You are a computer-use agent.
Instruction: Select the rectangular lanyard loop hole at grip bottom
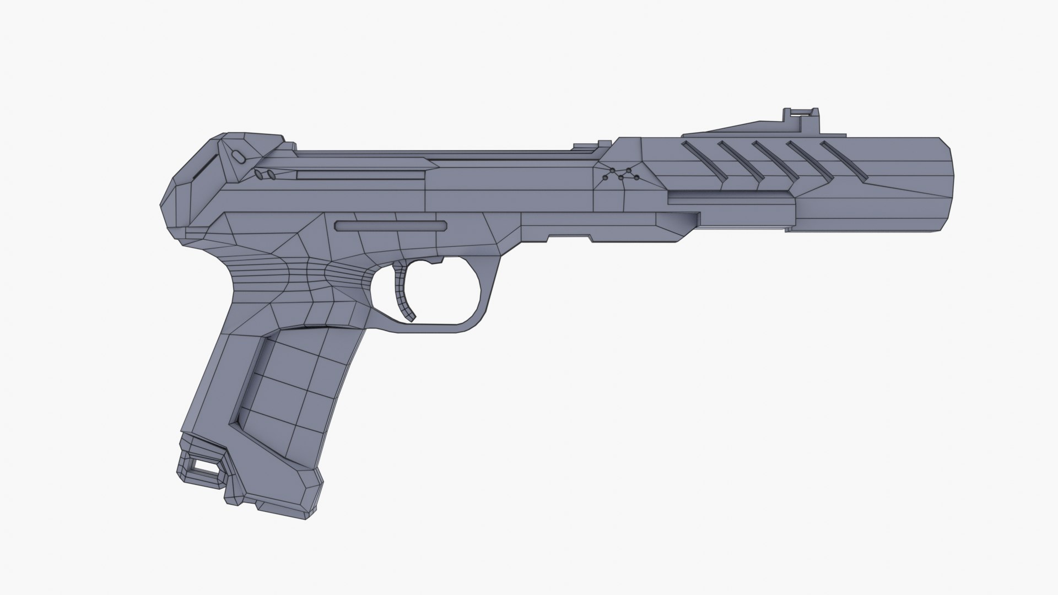pyautogui.click(x=203, y=467)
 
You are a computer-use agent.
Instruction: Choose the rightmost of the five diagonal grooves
pyautogui.click(x=844, y=160)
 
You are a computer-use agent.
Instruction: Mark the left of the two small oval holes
pyautogui.click(x=258, y=175)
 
